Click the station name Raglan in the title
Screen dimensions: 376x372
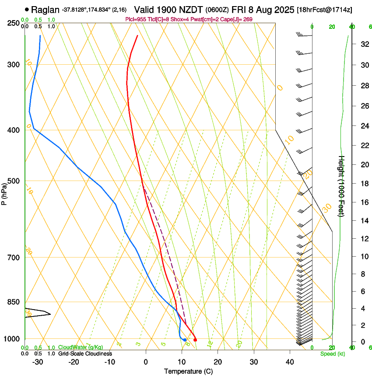(45, 10)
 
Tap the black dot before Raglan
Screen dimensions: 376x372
(27, 9)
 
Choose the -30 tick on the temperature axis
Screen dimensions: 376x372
(37, 362)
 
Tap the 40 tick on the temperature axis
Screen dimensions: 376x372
(290, 362)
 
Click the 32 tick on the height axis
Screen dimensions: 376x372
(364, 44)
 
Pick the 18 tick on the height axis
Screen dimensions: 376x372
(364, 184)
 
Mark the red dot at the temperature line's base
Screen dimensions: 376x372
(195, 340)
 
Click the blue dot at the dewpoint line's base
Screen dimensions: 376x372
(185, 340)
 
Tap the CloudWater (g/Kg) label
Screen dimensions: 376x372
(81, 348)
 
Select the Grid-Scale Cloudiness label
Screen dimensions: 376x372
(85, 354)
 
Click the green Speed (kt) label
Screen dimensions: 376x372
(333, 354)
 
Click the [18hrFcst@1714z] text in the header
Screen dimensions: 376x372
(324, 10)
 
